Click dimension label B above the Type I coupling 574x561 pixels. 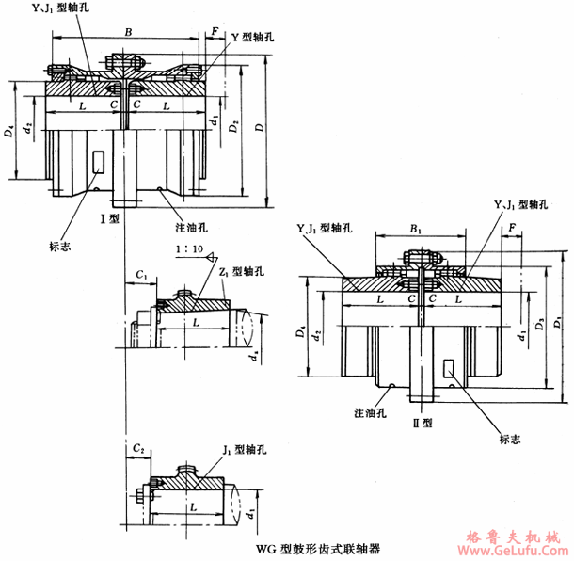(127, 32)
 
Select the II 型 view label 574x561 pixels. (426, 423)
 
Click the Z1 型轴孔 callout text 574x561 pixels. (241, 272)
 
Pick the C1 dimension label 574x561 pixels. (140, 274)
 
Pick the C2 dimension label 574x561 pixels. (138, 448)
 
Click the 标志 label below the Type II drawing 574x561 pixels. (509, 437)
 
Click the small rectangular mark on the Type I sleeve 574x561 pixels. (100, 163)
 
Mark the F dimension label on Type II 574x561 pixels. (511, 228)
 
